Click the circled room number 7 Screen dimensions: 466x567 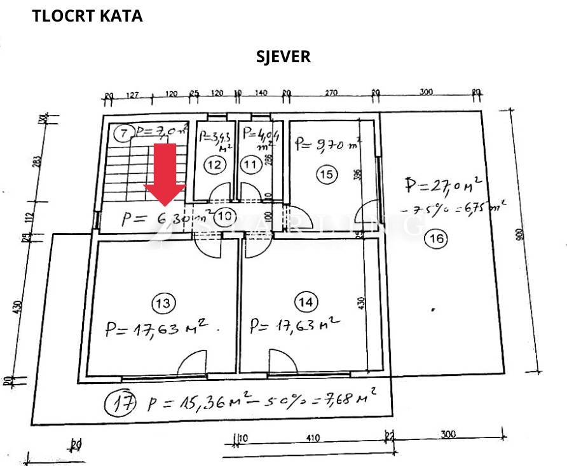coord(123,133)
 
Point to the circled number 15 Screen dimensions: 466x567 coord(326,175)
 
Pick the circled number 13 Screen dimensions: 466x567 coord(163,303)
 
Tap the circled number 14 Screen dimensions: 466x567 coord(306,302)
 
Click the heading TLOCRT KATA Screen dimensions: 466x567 coord(87,16)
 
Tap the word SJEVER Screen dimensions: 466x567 coord(283,56)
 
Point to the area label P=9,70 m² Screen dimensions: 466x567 coord(328,143)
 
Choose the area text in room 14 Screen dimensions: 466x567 coord(294,326)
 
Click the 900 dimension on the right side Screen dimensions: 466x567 coord(521,236)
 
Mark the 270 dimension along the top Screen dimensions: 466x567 coord(331,93)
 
